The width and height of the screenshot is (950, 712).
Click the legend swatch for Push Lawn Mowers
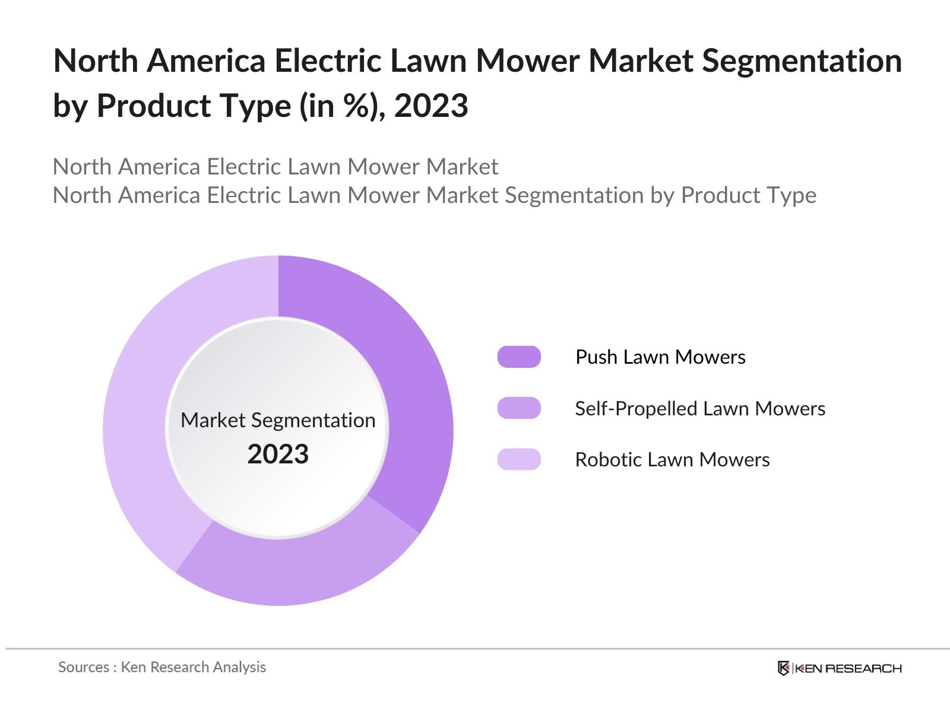519,357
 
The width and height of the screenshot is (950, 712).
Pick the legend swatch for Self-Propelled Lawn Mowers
519,408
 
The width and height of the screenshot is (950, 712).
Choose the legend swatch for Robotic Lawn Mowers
519,460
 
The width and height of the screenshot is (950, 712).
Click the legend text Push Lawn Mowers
660,357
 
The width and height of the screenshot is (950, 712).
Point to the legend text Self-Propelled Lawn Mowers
700,409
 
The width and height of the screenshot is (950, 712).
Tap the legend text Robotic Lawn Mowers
672,460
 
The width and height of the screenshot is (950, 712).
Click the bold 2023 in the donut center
278,454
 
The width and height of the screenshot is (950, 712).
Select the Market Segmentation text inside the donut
278,420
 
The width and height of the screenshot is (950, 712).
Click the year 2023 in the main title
431,106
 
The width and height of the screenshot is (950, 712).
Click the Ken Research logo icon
784,668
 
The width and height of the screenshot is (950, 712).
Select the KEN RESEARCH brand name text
848,669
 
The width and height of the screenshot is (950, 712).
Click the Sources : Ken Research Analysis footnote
162,667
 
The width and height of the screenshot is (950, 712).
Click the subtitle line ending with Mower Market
275,167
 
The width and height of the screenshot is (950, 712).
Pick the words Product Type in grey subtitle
748,195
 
